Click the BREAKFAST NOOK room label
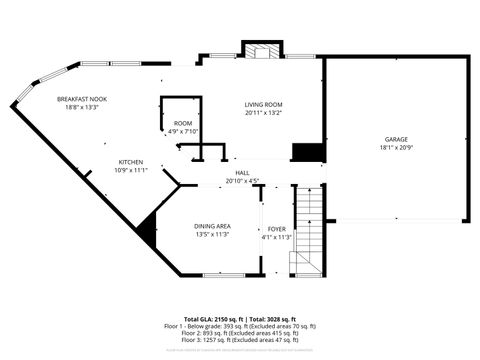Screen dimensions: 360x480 click(82, 99)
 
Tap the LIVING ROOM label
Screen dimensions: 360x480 click(265, 104)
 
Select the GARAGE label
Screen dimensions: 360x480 click(396, 139)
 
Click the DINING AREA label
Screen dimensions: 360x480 click(212, 226)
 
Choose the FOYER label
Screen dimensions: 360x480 click(276, 229)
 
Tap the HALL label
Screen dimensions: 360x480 click(242, 172)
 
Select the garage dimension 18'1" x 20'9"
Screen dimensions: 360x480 click(396, 148)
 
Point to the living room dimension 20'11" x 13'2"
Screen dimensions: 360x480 click(265, 113)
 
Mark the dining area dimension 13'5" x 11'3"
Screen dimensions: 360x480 click(212, 234)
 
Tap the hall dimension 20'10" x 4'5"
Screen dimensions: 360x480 click(242, 181)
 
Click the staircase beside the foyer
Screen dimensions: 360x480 click(309, 230)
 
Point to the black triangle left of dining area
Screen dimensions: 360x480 click(149, 230)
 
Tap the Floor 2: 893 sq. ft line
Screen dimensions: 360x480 click(240, 332)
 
